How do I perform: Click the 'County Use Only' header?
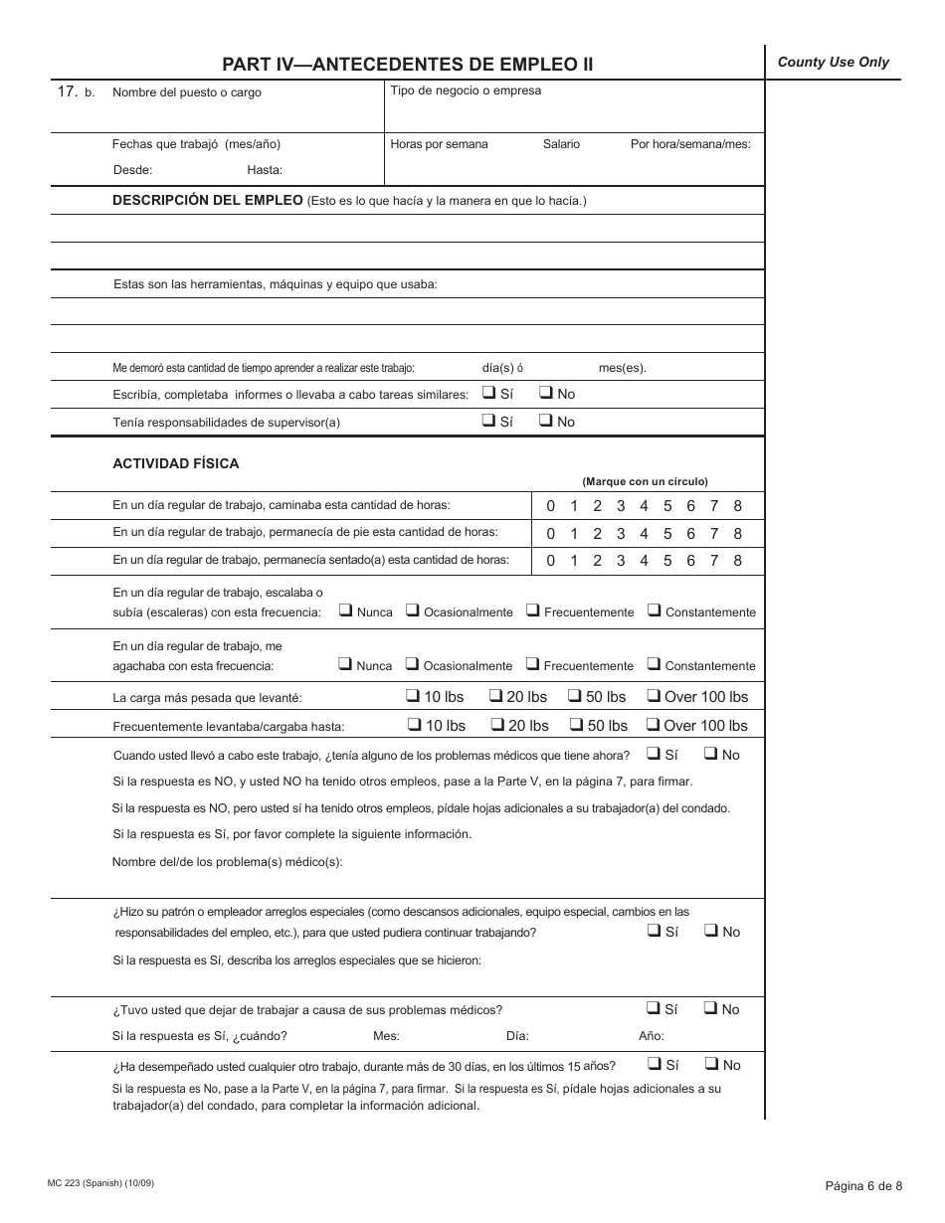[x=833, y=63]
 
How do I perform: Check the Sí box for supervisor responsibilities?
[x=489, y=421]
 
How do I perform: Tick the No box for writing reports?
[x=546, y=393]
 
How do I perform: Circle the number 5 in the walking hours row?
[x=667, y=506]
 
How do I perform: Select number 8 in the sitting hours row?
[x=737, y=561]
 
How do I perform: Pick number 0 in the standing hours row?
[x=551, y=534]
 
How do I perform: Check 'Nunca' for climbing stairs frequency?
[x=345, y=611]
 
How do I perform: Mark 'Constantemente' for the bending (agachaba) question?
[x=654, y=665]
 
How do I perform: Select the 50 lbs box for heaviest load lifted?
[x=575, y=696]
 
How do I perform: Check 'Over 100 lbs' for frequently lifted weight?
[x=654, y=725]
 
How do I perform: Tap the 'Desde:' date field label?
[x=132, y=169]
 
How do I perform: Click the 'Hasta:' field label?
[x=265, y=169]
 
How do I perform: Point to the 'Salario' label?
[x=561, y=144]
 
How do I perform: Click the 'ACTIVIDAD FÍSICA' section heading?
[x=176, y=464]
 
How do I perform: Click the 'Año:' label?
[x=652, y=1036]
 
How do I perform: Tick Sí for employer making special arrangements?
[x=654, y=931]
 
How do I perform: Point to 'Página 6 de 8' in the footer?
[x=863, y=1185]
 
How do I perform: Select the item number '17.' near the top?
[x=68, y=91]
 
